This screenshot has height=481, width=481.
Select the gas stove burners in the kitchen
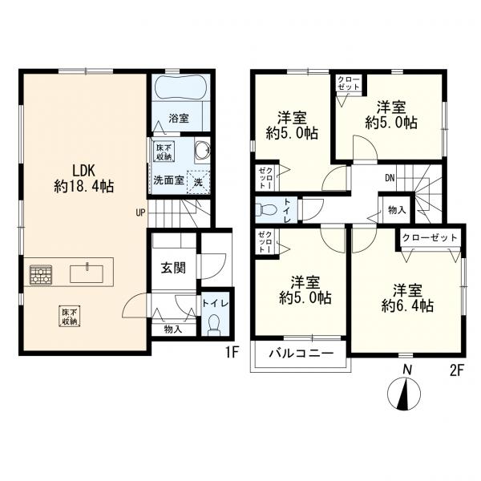41,274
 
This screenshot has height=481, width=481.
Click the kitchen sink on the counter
87,273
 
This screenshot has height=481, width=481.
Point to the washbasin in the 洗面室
203,150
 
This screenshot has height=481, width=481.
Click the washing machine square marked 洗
198,182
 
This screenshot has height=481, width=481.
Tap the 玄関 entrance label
173,269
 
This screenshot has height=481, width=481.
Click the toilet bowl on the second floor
265,210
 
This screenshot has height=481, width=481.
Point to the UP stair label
140,212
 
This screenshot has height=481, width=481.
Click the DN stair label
390,178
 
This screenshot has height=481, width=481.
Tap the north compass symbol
404,394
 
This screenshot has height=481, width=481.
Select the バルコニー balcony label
301,354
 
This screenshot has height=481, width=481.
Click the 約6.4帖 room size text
407,305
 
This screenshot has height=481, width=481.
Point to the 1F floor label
232,353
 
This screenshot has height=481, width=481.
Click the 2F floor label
456,371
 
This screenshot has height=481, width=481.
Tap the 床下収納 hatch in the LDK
70,316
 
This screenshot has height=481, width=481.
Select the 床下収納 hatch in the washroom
164,152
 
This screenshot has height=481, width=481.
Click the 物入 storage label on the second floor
397,210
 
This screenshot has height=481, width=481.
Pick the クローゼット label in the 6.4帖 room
430,238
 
